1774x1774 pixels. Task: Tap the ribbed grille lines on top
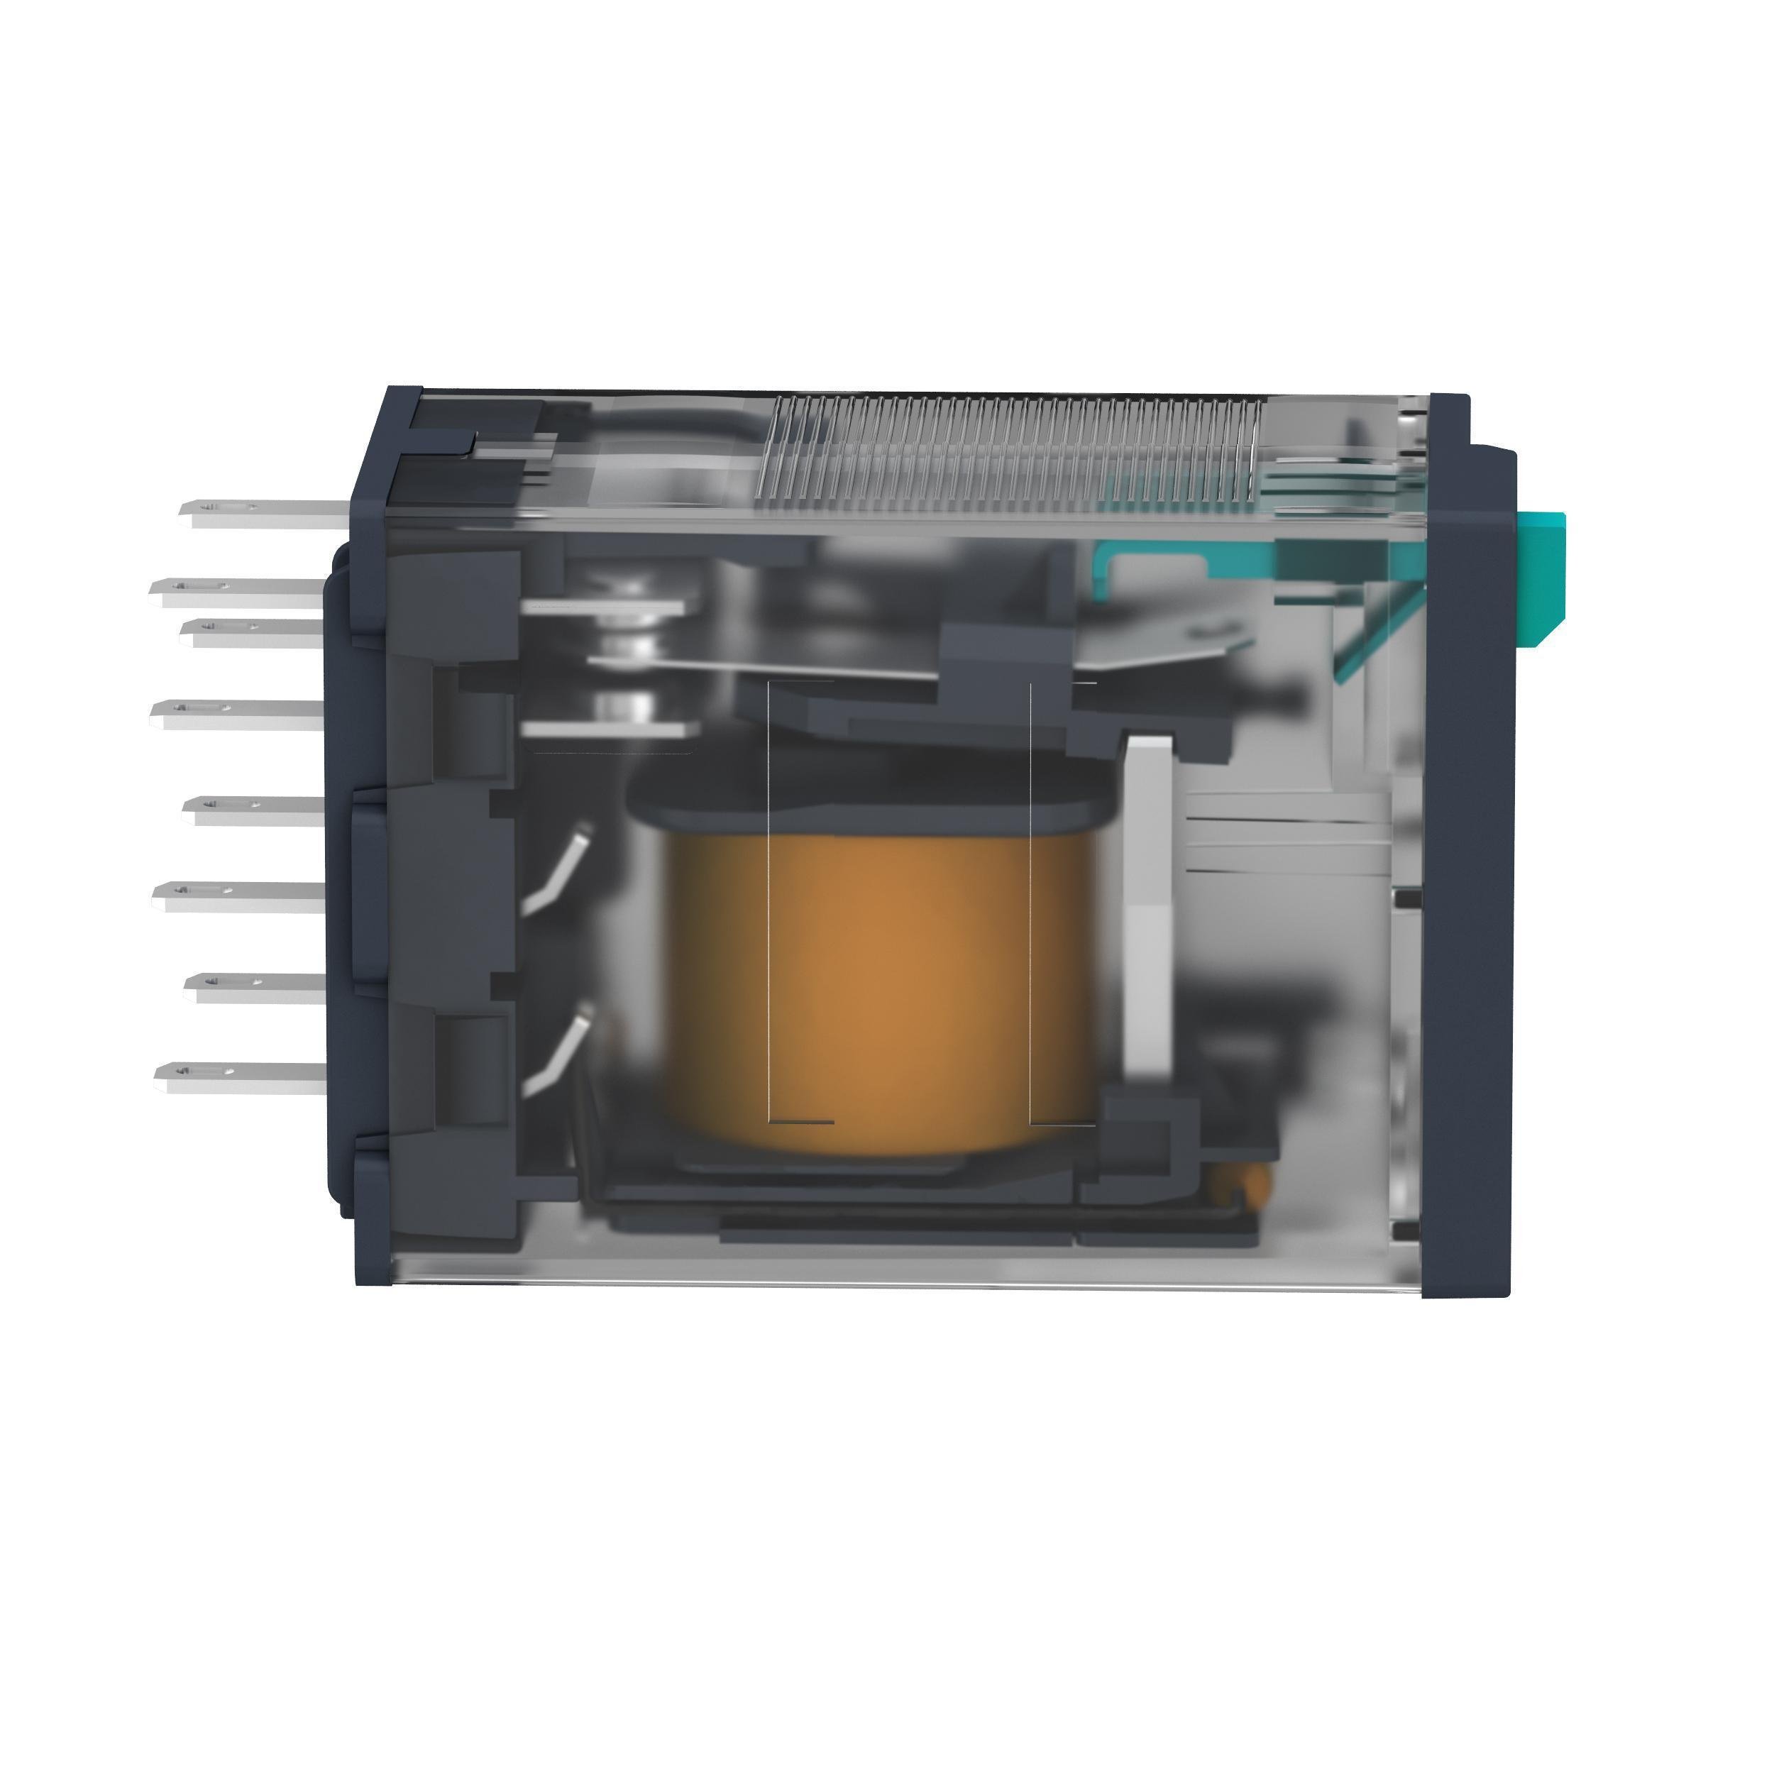pyautogui.click(x=1010, y=450)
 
